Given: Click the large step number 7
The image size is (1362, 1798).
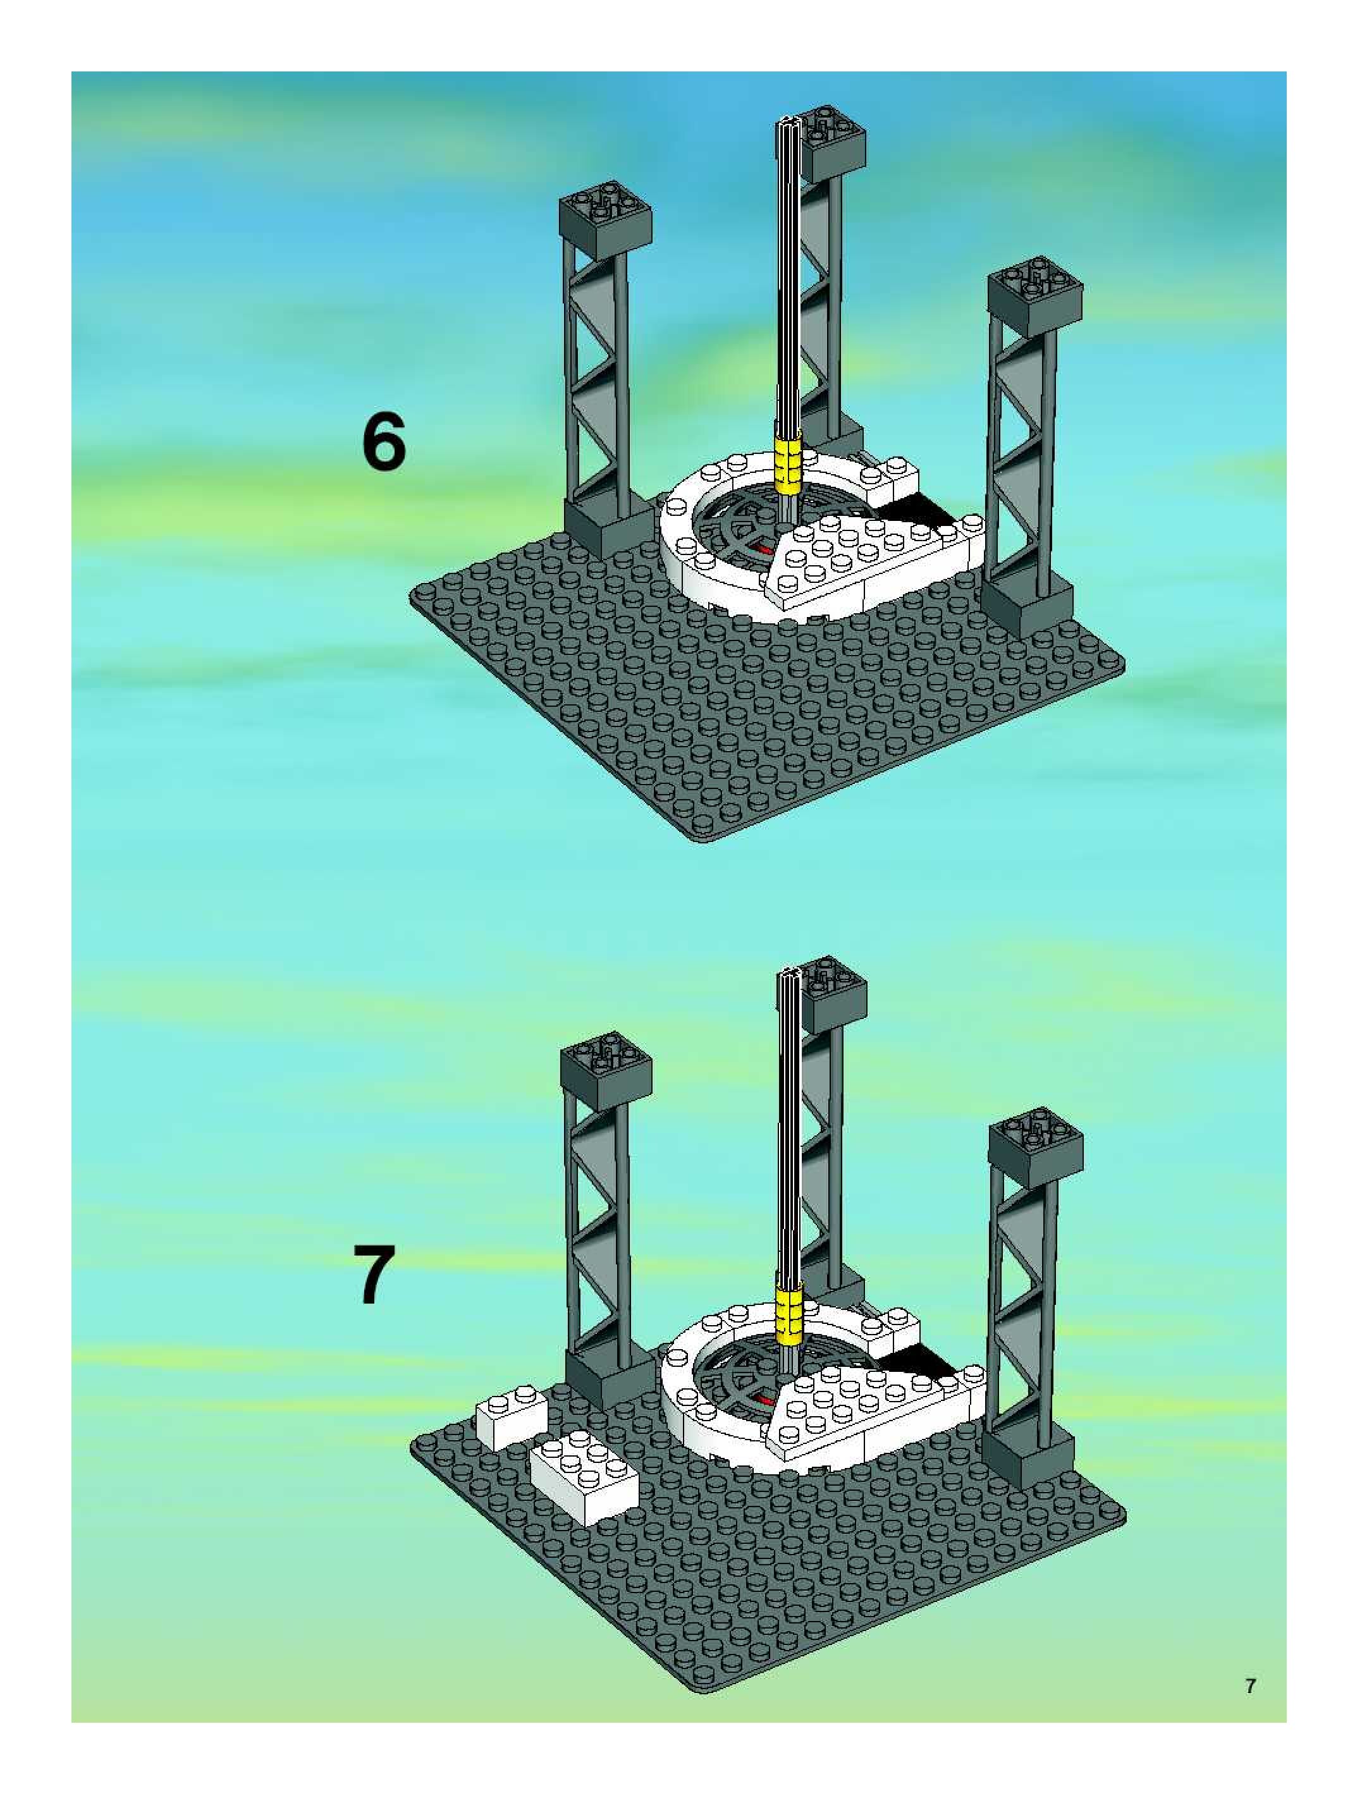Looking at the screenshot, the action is click(x=375, y=1276).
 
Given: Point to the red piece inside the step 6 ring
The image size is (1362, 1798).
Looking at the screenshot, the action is click(x=764, y=548).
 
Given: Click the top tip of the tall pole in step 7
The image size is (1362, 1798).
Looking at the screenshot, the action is click(x=791, y=973).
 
